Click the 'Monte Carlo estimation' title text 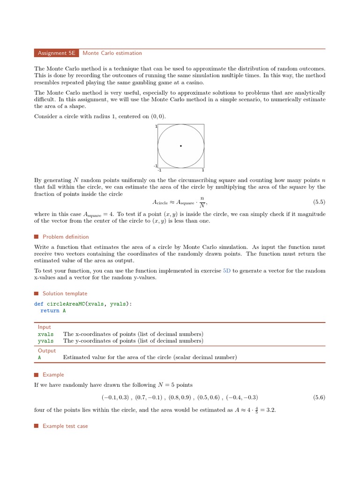coord(112,53)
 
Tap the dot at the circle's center coord(181,146)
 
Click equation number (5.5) coord(319,202)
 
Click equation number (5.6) coord(319,397)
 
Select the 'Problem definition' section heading coord(66,237)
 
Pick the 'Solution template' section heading coord(65,293)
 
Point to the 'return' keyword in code coord(50,310)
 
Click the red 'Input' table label coord(45,327)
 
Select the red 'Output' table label coord(46,351)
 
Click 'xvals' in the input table coord(45,334)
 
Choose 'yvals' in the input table coord(45,341)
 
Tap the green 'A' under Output coord(39,357)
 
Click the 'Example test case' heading coord(65,426)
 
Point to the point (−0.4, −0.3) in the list coord(242,397)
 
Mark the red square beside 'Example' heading coord(36,375)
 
